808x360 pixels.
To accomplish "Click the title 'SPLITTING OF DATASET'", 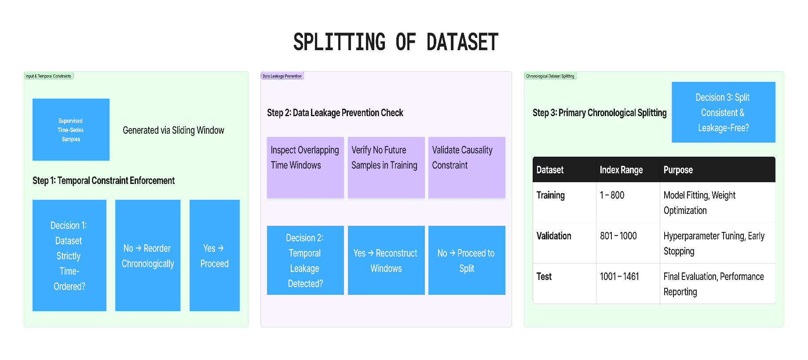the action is coord(396,42).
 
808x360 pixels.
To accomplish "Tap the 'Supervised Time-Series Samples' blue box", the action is coord(71,129).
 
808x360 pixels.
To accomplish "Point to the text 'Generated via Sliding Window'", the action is coord(173,130).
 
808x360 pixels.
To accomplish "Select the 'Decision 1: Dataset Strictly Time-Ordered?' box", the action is coord(69,255).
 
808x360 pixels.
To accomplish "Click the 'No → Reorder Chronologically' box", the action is coord(148,255).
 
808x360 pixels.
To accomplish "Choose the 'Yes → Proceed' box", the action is coord(215,255).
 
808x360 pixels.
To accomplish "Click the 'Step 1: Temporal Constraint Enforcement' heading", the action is coord(103,180).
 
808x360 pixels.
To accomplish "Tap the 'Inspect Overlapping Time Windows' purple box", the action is coord(305,167).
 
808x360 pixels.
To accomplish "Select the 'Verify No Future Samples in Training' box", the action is coord(386,167).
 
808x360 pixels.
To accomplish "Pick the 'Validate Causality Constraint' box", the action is coord(467,167).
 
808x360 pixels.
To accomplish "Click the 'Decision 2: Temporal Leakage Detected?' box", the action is coord(305,260).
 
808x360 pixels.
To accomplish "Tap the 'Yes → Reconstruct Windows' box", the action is coord(386,260).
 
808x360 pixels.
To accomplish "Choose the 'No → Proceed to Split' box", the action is coord(467,260).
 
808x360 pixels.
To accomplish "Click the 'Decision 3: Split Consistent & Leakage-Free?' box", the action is coord(723,112).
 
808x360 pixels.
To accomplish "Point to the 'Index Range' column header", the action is coord(621,170).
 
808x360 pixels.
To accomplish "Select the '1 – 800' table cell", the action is coord(612,195).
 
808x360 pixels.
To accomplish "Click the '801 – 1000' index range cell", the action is coord(618,236).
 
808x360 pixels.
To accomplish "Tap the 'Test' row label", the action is coord(544,276).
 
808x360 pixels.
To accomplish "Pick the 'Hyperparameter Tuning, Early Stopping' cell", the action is coord(714,243).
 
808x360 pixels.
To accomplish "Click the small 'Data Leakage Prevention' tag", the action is coord(282,76).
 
